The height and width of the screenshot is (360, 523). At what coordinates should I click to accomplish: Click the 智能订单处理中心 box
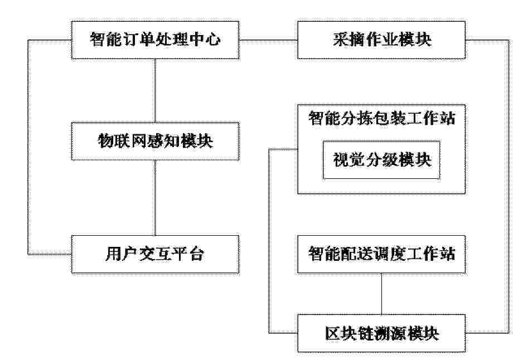coord(155,40)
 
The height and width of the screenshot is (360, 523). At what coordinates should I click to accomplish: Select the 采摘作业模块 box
coord(381,40)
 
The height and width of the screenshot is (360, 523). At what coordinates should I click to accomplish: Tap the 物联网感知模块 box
coord(155,141)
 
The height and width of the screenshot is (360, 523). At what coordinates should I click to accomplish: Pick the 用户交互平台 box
coord(155,255)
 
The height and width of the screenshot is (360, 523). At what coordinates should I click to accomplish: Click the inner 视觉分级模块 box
coord(381,160)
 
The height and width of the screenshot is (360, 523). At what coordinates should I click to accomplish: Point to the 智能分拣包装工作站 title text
coord(381,118)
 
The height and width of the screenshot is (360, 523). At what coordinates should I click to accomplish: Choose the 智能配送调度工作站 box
coord(381,254)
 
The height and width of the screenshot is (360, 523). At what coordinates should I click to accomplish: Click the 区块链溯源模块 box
coord(381,333)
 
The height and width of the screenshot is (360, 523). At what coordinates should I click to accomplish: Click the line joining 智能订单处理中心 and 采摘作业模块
coord(268,40)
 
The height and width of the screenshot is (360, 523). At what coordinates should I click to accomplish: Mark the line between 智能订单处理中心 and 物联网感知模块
coord(155,91)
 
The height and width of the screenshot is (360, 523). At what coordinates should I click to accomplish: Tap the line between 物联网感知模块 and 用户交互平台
coord(155,198)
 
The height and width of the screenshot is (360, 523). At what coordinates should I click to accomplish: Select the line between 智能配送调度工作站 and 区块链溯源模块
coord(381,294)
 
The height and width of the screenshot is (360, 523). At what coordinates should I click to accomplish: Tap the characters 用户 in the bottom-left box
coord(122,254)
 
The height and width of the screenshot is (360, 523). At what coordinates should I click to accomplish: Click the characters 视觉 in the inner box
coord(349,160)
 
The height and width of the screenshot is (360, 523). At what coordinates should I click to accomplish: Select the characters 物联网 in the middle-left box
coord(122,140)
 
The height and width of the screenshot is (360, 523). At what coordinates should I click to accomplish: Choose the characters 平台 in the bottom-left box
coord(188,254)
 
